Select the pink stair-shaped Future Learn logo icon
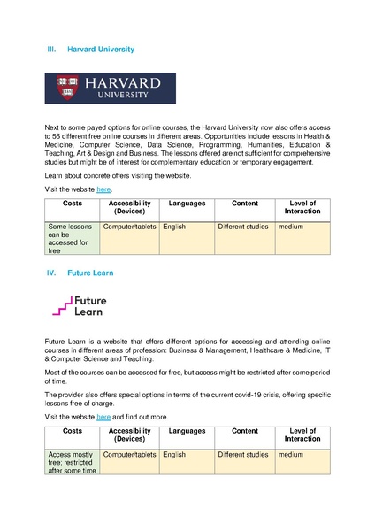tap(62, 306)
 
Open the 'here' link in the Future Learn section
tap(103, 416)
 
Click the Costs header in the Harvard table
tap(73, 204)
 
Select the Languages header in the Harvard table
tap(187, 204)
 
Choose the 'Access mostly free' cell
tap(72, 463)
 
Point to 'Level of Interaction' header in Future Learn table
tap(302, 435)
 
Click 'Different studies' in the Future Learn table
tap(243, 455)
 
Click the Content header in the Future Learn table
tap(244, 431)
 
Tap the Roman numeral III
tap(50, 50)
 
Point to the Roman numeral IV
tap(50, 273)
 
